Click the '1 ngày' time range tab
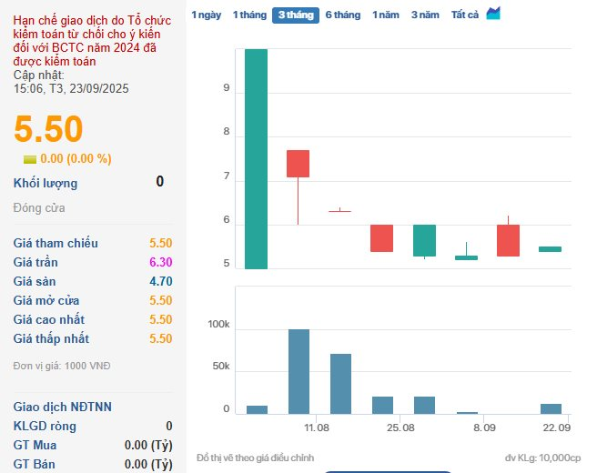pos(207,15)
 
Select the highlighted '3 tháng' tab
pos(295,15)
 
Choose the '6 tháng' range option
pos(342,15)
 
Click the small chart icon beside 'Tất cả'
pos(493,13)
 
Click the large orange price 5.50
pos(48,129)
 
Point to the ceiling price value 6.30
pos(160,262)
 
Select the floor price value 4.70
pos(160,281)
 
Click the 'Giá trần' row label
pos(35,262)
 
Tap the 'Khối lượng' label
pos(46,183)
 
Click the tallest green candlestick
pos(257,159)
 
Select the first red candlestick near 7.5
pos(298,164)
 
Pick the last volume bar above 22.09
pos(551,408)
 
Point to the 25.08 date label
pos(400,428)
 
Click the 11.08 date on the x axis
pos(317,428)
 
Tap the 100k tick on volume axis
pos(218,325)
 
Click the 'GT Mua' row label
pos(34,446)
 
